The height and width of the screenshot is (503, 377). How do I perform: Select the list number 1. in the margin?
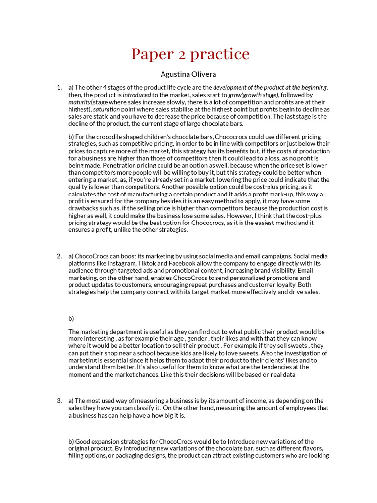tap(59, 88)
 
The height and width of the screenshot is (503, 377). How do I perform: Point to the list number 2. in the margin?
tap(59, 256)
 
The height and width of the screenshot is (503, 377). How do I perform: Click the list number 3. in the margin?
tap(59, 401)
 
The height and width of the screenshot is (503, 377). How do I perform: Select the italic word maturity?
tap(80, 102)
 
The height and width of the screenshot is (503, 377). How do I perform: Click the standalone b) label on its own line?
tap(71, 318)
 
